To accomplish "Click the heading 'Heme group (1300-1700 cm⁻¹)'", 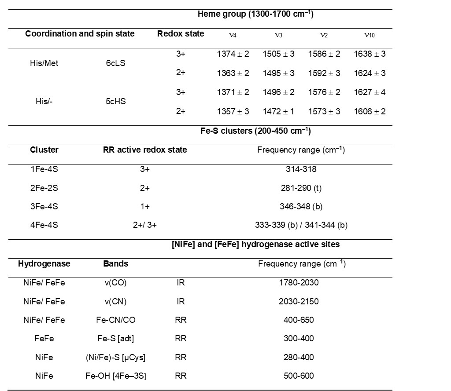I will pyautogui.click(x=255, y=15).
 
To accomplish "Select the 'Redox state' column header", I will pyautogui.click(x=181, y=34).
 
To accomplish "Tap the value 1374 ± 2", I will pyautogui.click(x=233, y=54).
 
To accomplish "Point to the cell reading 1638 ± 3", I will pyautogui.click(x=370, y=54).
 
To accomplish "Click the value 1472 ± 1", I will pyautogui.click(x=278, y=112).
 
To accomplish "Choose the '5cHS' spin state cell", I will pyautogui.click(x=116, y=102).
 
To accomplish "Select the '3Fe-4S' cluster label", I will pyautogui.click(x=44, y=206).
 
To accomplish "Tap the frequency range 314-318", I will pyautogui.click(x=301, y=169).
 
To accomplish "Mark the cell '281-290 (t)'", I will pyautogui.click(x=301, y=188).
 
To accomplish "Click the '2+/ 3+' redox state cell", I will pyautogui.click(x=145, y=225).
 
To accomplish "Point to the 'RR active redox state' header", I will pyautogui.click(x=145, y=150).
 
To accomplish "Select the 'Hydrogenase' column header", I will pyautogui.click(x=44, y=264).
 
